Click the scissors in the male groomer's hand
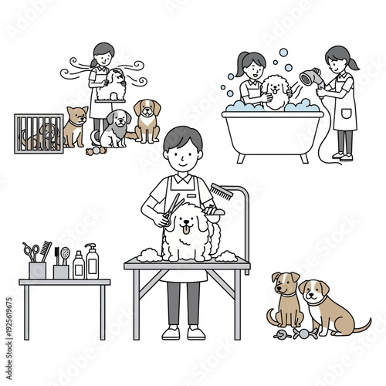coord(168,209)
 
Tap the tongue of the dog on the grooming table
coord(185,229)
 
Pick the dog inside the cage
coord(42,134)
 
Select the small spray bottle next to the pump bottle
coord(78,265)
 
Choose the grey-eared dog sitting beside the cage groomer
coord(116,128)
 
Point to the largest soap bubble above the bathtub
coord(284,54)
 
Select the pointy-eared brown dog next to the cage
coord(75,126)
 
